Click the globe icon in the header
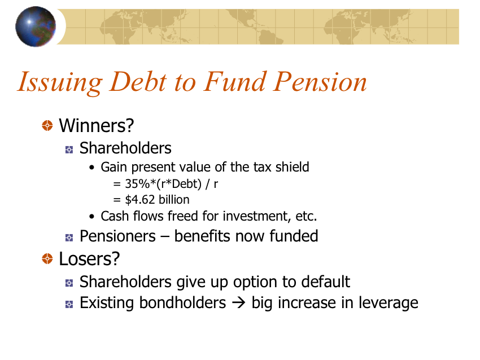36,27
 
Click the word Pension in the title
320,82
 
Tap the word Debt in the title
138,82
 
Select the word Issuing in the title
60,82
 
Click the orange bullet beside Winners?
47,125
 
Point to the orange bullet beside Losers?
47,259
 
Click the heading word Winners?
97,125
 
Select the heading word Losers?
89,259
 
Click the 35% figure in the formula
137,184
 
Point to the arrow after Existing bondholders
239,303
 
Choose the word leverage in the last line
388,304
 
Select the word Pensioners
117,236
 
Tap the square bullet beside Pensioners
69,238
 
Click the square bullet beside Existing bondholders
69,304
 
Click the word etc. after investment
306,216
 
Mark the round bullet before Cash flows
92,217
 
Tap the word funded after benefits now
294,236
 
